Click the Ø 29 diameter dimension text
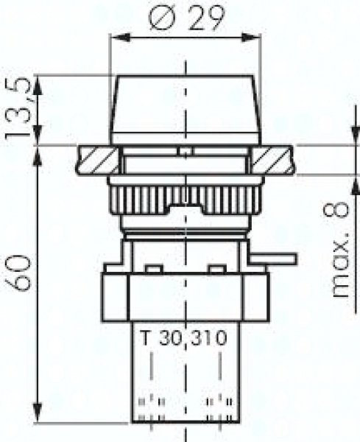[x=187, y=18]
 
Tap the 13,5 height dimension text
[x=18, y=107]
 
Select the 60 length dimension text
[x=18, y=273]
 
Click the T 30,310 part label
[x=184, y=337]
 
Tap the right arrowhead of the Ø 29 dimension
[x=251, y=38]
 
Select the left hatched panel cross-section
[x=97, y=160]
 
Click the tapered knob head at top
[x=185, y=110]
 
